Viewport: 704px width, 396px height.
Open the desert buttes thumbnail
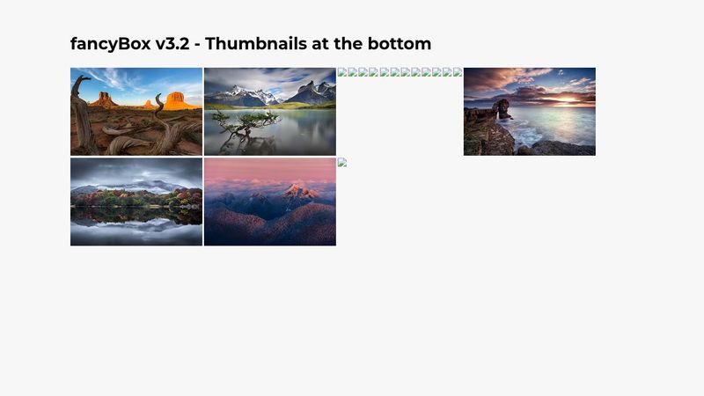(x=136, y=112)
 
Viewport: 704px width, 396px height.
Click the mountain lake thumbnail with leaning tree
(x=270, y=112)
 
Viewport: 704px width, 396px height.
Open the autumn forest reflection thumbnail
(x=136, y=202)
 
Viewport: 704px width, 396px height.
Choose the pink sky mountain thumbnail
(x=270, y=202)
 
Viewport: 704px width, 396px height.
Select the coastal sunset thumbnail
(x=530, y=112)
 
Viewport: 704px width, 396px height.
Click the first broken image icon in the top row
(x=342, y=72)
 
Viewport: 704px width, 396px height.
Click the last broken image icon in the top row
(x=458, y=72)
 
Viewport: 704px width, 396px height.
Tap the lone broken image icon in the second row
(x=342, y=162)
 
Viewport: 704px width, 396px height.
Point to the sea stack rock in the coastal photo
(x=502, y=109)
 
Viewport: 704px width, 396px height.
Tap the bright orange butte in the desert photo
(x=180, y=102)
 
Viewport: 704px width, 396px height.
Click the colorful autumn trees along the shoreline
(x=136, y=196)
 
